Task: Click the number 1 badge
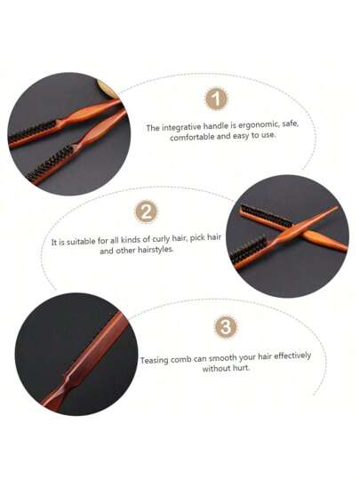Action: point(216,99)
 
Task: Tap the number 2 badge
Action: point(147,212)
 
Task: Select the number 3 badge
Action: point(226,326)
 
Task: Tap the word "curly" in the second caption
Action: point(161,239)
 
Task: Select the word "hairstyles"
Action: point(156,250)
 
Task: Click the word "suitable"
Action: point(81,242)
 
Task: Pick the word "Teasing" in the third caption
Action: point(155,360)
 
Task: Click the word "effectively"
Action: point(292,356)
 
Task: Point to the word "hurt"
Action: point(241,368)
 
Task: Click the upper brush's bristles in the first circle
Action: point(33,132)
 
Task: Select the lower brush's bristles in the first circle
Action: point(52,164)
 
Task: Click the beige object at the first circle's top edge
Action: point(108,89)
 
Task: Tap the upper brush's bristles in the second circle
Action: point(267,214)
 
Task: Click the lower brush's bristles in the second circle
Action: point(249,249)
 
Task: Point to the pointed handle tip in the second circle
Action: point(336,207)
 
